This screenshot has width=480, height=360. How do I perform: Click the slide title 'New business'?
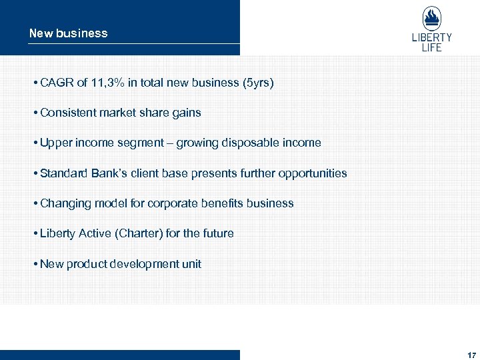pyautogui.click(x=68, y=33)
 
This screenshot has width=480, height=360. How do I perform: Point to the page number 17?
pyautogui.click(x=472, y=355)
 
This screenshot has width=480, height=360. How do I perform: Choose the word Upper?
pyautogui.click(x=55, y=143)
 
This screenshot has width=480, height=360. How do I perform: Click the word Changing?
pyautogui.click(x=64, y=203)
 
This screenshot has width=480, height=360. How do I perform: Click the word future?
pyautogui.click(x=219, y=233)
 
